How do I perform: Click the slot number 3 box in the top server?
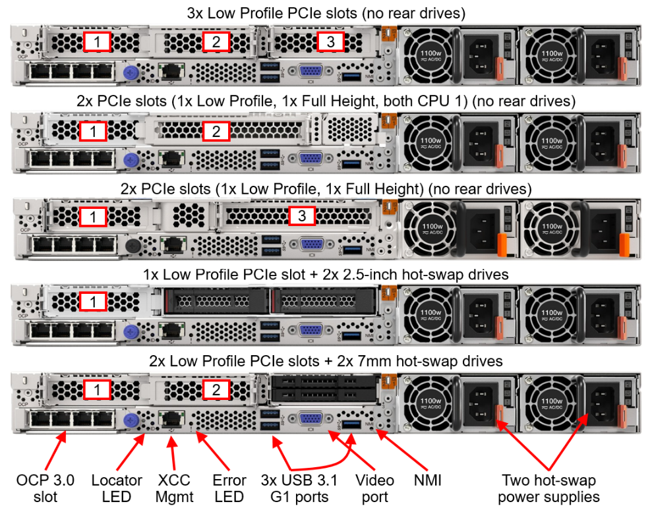point(331,42)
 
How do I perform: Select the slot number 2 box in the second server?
point(216,132)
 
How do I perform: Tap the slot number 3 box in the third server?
point(302,215)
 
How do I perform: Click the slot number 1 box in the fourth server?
point(97,302)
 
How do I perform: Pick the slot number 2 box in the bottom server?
point(216,389)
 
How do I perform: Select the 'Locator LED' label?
point(117,488)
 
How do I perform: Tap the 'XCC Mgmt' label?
point(175,488)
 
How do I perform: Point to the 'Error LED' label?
point(229,488)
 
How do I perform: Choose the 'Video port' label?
point(374,488)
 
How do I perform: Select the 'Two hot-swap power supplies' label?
point(548,488)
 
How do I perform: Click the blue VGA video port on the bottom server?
point(309,418)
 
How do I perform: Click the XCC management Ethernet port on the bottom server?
point(173,418)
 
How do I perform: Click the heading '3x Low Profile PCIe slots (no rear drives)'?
point(325,12)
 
